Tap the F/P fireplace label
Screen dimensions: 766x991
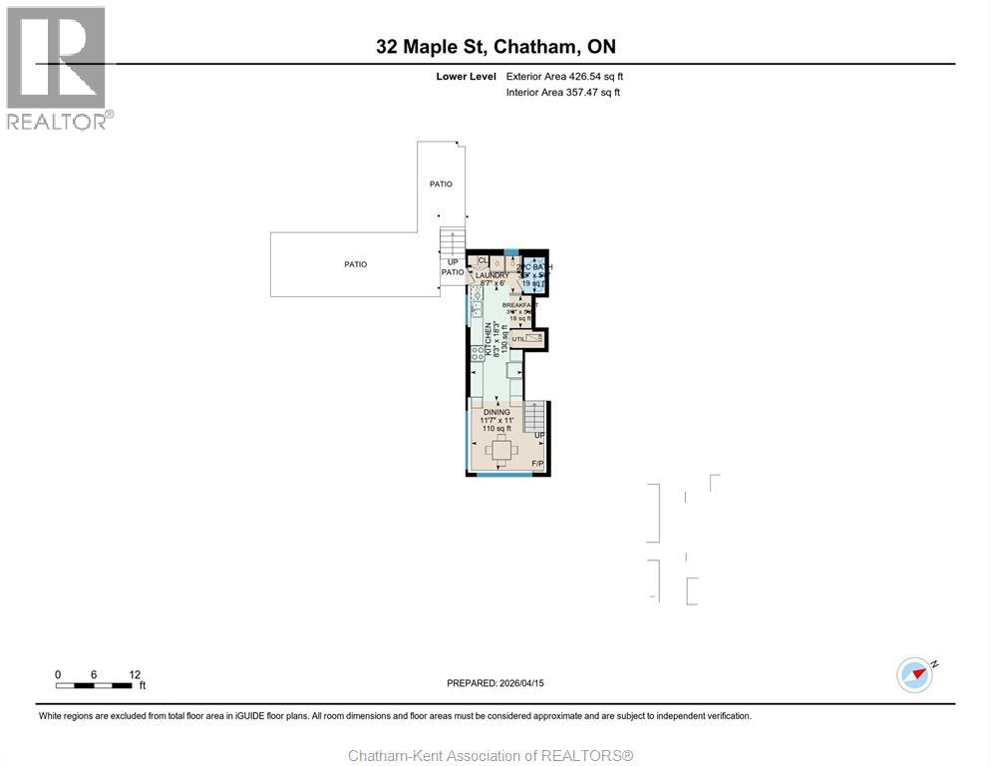click(537, 464)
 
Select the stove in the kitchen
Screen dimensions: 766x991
click(478, 353)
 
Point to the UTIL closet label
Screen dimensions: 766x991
click(517, 339)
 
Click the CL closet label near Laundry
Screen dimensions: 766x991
click(483, 260)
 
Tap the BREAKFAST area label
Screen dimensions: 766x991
click(519, 304)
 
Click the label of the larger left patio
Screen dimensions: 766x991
click(356, 264)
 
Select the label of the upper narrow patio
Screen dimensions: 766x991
click(441, 184)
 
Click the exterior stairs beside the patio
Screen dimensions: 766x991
click(453, 242)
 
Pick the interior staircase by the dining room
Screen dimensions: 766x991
click(535, 416)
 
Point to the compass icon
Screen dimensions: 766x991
click(914, 674)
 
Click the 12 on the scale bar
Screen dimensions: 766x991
click(133, 674)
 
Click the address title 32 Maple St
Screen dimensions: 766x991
click(495, 46)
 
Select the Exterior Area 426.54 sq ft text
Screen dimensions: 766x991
click(564, 76)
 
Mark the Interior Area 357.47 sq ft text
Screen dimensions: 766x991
click(563, 92)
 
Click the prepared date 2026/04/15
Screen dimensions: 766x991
click(495, 683)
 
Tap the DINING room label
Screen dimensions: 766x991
click(496, 412)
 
